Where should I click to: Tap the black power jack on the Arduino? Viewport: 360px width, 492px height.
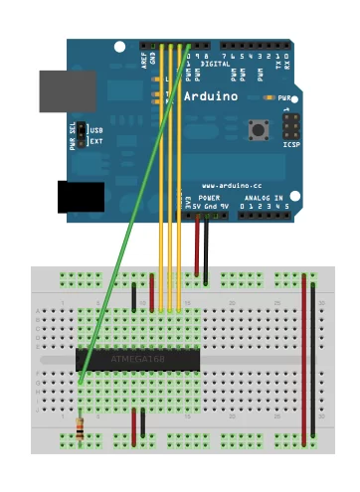81,196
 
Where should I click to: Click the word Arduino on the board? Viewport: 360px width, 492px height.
210,96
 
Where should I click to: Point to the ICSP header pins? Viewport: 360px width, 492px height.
291,128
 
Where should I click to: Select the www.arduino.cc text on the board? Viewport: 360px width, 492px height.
230,185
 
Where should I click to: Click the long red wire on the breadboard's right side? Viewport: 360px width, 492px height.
304,358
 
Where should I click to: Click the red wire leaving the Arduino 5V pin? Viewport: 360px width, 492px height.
196,248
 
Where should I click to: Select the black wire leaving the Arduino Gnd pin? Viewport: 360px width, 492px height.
206,248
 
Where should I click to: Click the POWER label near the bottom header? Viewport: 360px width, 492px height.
209,199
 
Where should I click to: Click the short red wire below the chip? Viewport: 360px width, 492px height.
133,424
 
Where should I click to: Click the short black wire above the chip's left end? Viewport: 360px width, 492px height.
133,295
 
